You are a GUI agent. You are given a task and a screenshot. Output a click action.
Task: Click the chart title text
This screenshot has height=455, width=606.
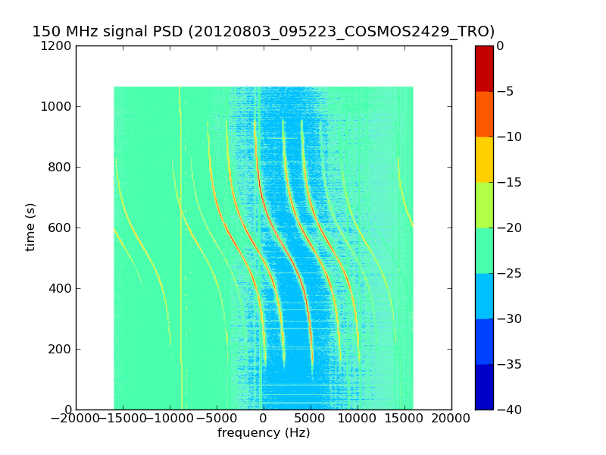click(x=263, y=32)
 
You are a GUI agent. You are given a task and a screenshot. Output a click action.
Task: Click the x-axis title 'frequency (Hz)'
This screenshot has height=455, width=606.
click(x=264, y=433)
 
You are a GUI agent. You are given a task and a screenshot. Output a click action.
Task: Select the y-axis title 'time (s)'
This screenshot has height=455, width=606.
click(x=30, y=227)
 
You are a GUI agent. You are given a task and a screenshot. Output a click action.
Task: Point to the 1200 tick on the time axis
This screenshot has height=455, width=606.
click(x=58, y=45)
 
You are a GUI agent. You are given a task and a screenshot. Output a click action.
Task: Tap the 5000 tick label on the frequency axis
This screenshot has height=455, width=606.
click(x=311, y=418)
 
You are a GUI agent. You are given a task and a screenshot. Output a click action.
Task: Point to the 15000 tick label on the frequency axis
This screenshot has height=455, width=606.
click(x=405, y=418)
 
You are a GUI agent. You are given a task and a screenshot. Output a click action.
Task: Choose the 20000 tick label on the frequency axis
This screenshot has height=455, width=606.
click(x=451, y=418)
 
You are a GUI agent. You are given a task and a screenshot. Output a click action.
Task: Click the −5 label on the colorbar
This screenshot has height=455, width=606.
click(x=505, y=91)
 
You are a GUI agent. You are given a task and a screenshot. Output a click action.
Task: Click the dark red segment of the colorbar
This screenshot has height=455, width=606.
click(x=484, y=68)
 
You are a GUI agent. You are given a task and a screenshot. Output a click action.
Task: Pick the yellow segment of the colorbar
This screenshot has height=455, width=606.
click(x=484, y=159)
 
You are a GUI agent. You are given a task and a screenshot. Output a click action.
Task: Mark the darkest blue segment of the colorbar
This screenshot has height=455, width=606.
click(x=484, y=387)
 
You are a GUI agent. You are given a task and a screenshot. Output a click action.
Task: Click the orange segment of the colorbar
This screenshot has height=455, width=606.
click(x=484, y=114)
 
